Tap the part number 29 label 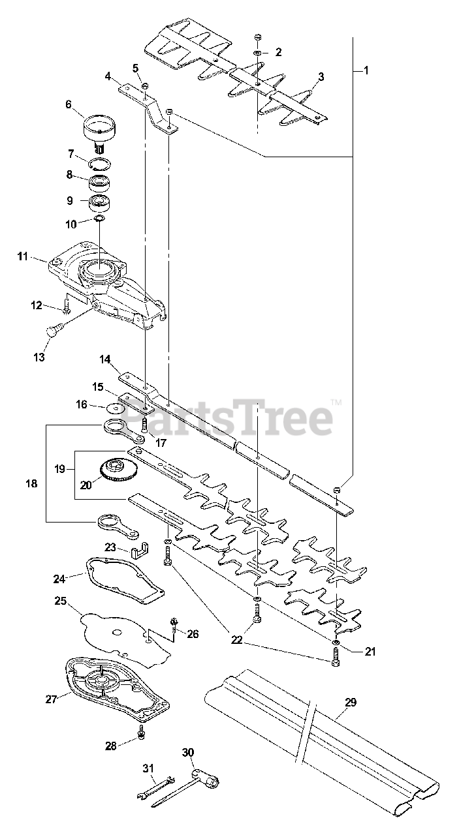point(351,703)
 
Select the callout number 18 point(31,484)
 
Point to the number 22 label point(236,640)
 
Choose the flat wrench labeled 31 point(155,787)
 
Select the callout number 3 point(321,77)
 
